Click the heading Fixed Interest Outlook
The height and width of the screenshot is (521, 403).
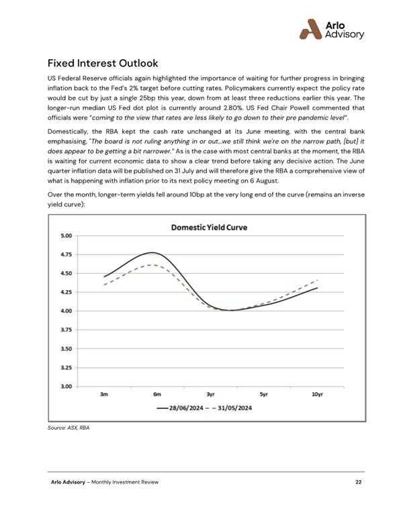point(103,64)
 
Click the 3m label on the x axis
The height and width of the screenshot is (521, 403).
point(104,395)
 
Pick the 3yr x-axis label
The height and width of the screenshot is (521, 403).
point(210,395)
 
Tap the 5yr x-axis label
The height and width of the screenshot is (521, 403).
point(263,395)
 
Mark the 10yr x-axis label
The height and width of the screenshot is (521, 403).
point(317,395)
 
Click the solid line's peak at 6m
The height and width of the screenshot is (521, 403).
point(154,253)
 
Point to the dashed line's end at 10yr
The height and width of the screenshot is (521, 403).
point(317,280)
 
